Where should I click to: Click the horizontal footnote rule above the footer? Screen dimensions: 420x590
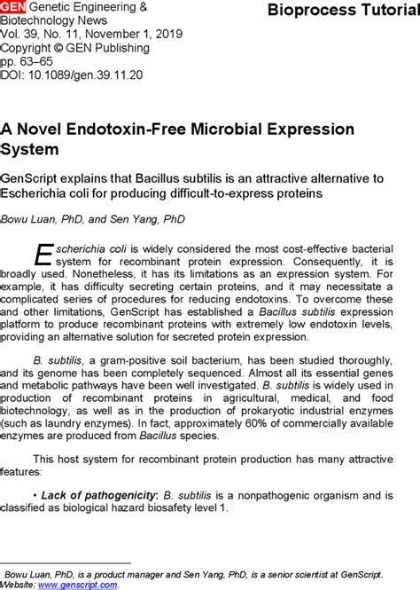(x=66, y=562)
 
